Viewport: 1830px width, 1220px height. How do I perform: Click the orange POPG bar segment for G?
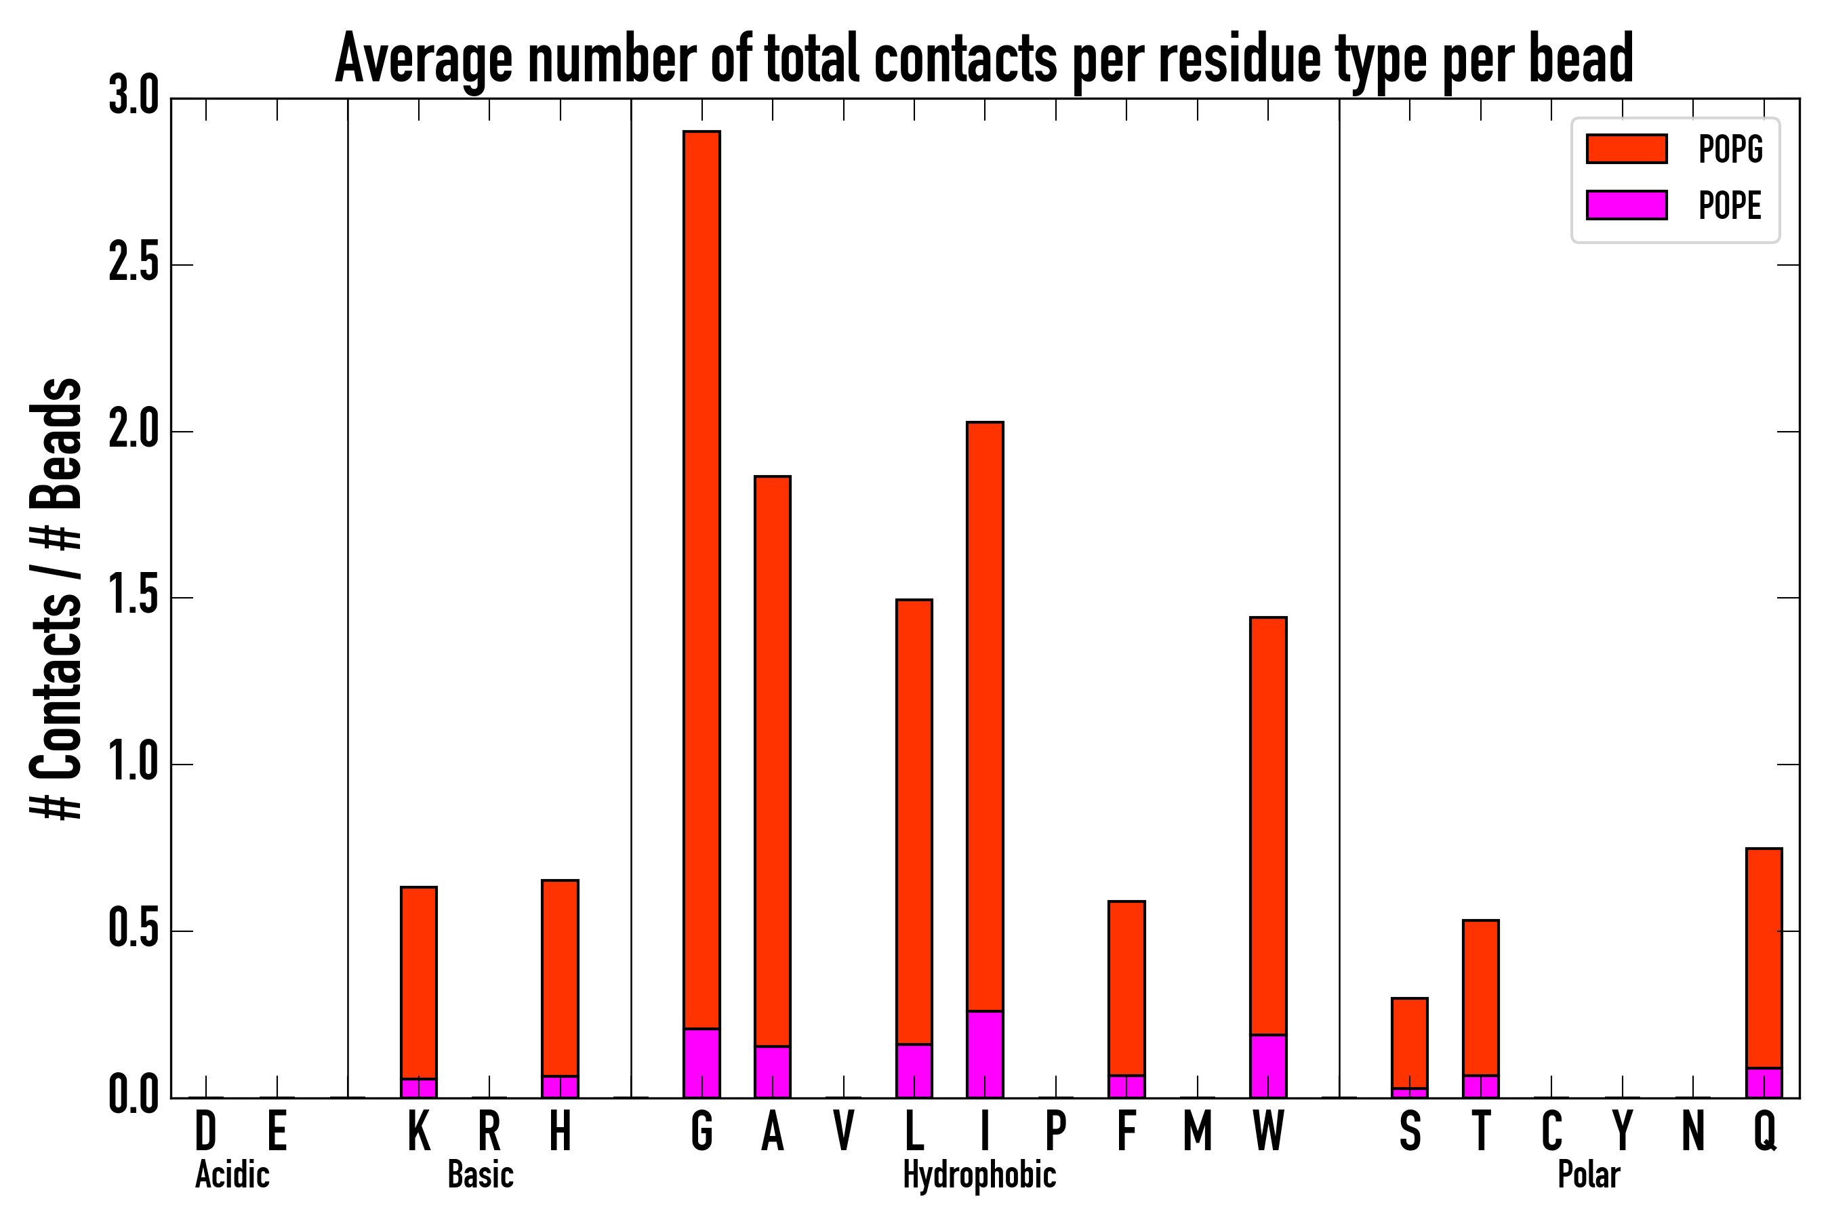tap(701, 579)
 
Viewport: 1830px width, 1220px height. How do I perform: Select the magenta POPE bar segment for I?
tap(984, 1054)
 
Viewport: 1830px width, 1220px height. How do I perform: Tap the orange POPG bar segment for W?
tap(1267, 826)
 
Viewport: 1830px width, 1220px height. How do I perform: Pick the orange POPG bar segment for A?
tap(772, 761)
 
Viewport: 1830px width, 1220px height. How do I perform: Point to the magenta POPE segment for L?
tap(914, 1071)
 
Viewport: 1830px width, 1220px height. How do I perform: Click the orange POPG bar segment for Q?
tap(1763, 958)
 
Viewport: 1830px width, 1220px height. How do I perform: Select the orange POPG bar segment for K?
tap(419, 983)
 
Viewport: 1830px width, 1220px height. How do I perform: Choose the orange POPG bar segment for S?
tap(1409, 1043)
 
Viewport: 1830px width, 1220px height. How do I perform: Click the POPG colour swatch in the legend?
tap(1626, 148)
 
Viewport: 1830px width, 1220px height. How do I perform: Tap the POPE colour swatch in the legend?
tap(1626, 205)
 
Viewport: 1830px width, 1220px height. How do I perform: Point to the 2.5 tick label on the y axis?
tap(133, 264)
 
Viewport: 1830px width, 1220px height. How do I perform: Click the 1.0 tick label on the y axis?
tap(133, 764)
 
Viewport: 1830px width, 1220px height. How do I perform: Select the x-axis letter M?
tap(1198, 1131)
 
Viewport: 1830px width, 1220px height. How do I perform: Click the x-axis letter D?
tap(205, 1131)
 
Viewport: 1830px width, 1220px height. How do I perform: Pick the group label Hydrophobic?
tap(979, 1175)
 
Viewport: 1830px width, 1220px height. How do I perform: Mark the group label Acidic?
tap(232, 1175)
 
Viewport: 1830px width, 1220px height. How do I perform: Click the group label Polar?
tap(1588, 1175)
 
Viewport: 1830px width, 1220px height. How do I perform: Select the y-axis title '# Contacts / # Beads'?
tap(56, 599)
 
